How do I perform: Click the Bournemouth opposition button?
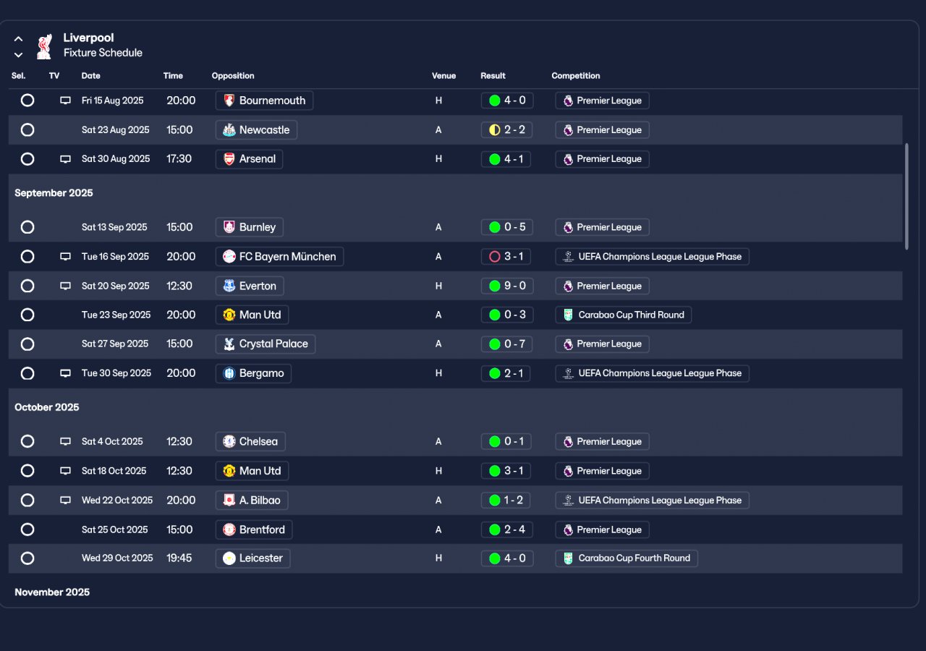coord(264,101)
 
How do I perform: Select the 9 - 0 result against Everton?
coord(506,286)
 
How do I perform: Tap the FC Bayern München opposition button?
coord(279,257)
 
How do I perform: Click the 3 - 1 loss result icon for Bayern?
coord(495,257)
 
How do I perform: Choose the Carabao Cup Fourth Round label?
coord(626,558)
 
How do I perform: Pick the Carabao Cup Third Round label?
coord(623,315)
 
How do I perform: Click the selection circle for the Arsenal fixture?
coord(27,159)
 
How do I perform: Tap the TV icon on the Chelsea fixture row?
coord(65,442)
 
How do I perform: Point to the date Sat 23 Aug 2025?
coord(116,130)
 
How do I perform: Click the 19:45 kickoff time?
coord(179,558)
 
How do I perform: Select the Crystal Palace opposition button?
coord(266,344)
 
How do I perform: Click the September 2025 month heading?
coord(54,193)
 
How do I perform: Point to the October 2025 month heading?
coord(47,407)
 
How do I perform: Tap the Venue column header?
coord(443,76)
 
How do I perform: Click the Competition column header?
coord(576,76)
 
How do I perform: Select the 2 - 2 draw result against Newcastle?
coord(506,130)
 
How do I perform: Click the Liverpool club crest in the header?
coord(45,46)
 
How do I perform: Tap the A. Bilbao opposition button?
coord(252,501)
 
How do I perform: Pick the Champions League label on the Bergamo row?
coord(652,373)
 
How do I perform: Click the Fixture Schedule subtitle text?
coord(103,53)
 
